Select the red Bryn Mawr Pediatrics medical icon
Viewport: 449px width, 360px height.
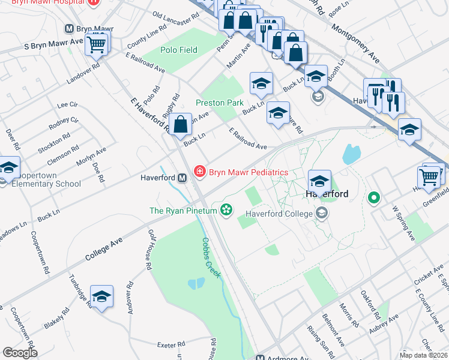[199, 172]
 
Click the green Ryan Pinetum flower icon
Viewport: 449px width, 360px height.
[226, 210]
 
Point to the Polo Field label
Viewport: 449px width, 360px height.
[179, 50]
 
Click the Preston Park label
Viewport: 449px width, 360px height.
[220, 103]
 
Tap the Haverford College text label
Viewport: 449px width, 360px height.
[280, 214]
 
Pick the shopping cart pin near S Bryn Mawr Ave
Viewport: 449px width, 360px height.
[97, 44]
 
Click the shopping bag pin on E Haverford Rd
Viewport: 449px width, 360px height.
[181, 126]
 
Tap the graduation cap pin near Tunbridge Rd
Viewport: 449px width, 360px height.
[102, 296]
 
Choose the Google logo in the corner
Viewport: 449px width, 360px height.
[20, 353]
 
